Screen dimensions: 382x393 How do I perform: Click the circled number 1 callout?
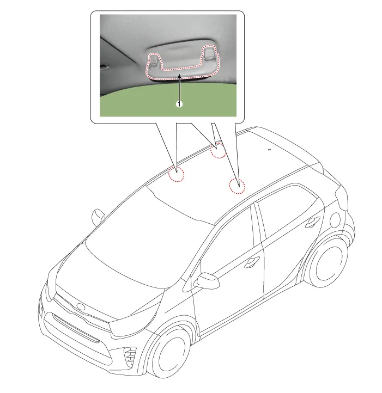click(179, 104)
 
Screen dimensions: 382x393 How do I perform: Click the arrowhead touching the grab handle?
click(179, 76)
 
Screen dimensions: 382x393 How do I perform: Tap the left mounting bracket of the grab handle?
click(154, 60)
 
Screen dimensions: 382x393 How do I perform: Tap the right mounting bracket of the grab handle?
click(209, 53)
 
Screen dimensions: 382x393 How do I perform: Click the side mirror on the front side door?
click(207, 280)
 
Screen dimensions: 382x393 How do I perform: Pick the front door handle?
click(252, 262)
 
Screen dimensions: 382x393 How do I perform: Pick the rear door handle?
click(312, 222)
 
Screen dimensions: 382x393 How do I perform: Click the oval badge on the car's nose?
click(81, 307)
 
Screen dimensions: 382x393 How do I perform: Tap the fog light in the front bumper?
click(130, 356)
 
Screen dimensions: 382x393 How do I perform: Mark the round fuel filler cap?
click(335, 220)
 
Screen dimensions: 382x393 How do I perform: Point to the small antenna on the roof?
click(269, 150)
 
